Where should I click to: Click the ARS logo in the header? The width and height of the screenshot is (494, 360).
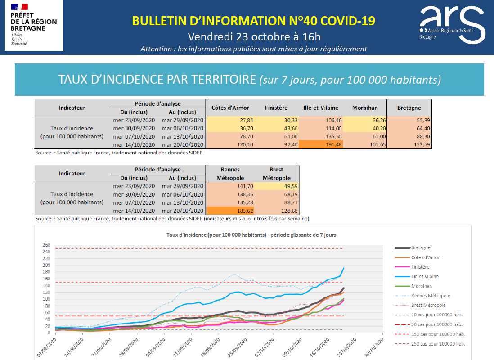click(452, 25)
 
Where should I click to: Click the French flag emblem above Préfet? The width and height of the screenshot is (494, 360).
click(19, 7)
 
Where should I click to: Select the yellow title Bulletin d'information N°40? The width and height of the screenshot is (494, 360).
click(254, 21)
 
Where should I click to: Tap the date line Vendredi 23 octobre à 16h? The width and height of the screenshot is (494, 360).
click(254, 36)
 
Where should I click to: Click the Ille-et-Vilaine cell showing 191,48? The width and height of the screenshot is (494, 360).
click(320, 145)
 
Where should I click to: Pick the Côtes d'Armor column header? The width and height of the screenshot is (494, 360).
click(230, 108)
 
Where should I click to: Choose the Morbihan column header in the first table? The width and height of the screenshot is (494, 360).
click(365, 108)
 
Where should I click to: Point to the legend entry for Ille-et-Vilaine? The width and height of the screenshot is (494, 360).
click(417, 276)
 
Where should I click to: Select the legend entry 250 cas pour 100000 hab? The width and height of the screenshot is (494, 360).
click(430, 344)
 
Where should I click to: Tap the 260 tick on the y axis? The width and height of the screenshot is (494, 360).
click(46, 245)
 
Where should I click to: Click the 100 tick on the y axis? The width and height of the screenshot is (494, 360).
click(46, 299)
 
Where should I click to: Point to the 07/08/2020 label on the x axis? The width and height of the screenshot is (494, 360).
click(47, 347)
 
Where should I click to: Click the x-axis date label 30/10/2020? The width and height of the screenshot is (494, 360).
click(374, 347)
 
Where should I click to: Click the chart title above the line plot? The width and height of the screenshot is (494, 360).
click(251, 235)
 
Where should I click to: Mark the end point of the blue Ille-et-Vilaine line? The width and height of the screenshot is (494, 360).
click(344, 268)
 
